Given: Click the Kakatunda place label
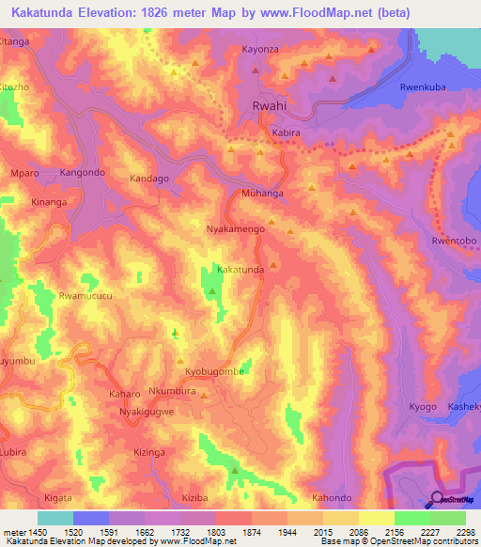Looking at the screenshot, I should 240,270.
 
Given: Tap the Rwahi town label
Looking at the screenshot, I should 270,108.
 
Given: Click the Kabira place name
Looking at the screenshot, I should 286,133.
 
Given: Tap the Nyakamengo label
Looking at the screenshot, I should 235,228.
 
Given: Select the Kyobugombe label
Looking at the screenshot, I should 214,372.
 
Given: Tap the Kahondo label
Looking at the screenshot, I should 331,497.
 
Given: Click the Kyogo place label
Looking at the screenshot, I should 423,406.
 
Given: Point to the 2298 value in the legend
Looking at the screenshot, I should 465,532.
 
